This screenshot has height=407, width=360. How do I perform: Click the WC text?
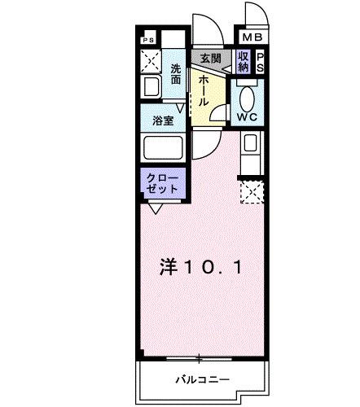pos(248,116)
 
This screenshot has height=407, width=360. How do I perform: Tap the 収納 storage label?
pos(244,61)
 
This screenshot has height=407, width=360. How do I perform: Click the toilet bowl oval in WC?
pos(247,95)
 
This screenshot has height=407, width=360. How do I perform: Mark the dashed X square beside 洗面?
pos(152,60)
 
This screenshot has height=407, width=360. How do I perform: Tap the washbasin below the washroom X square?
pos(151,87)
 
